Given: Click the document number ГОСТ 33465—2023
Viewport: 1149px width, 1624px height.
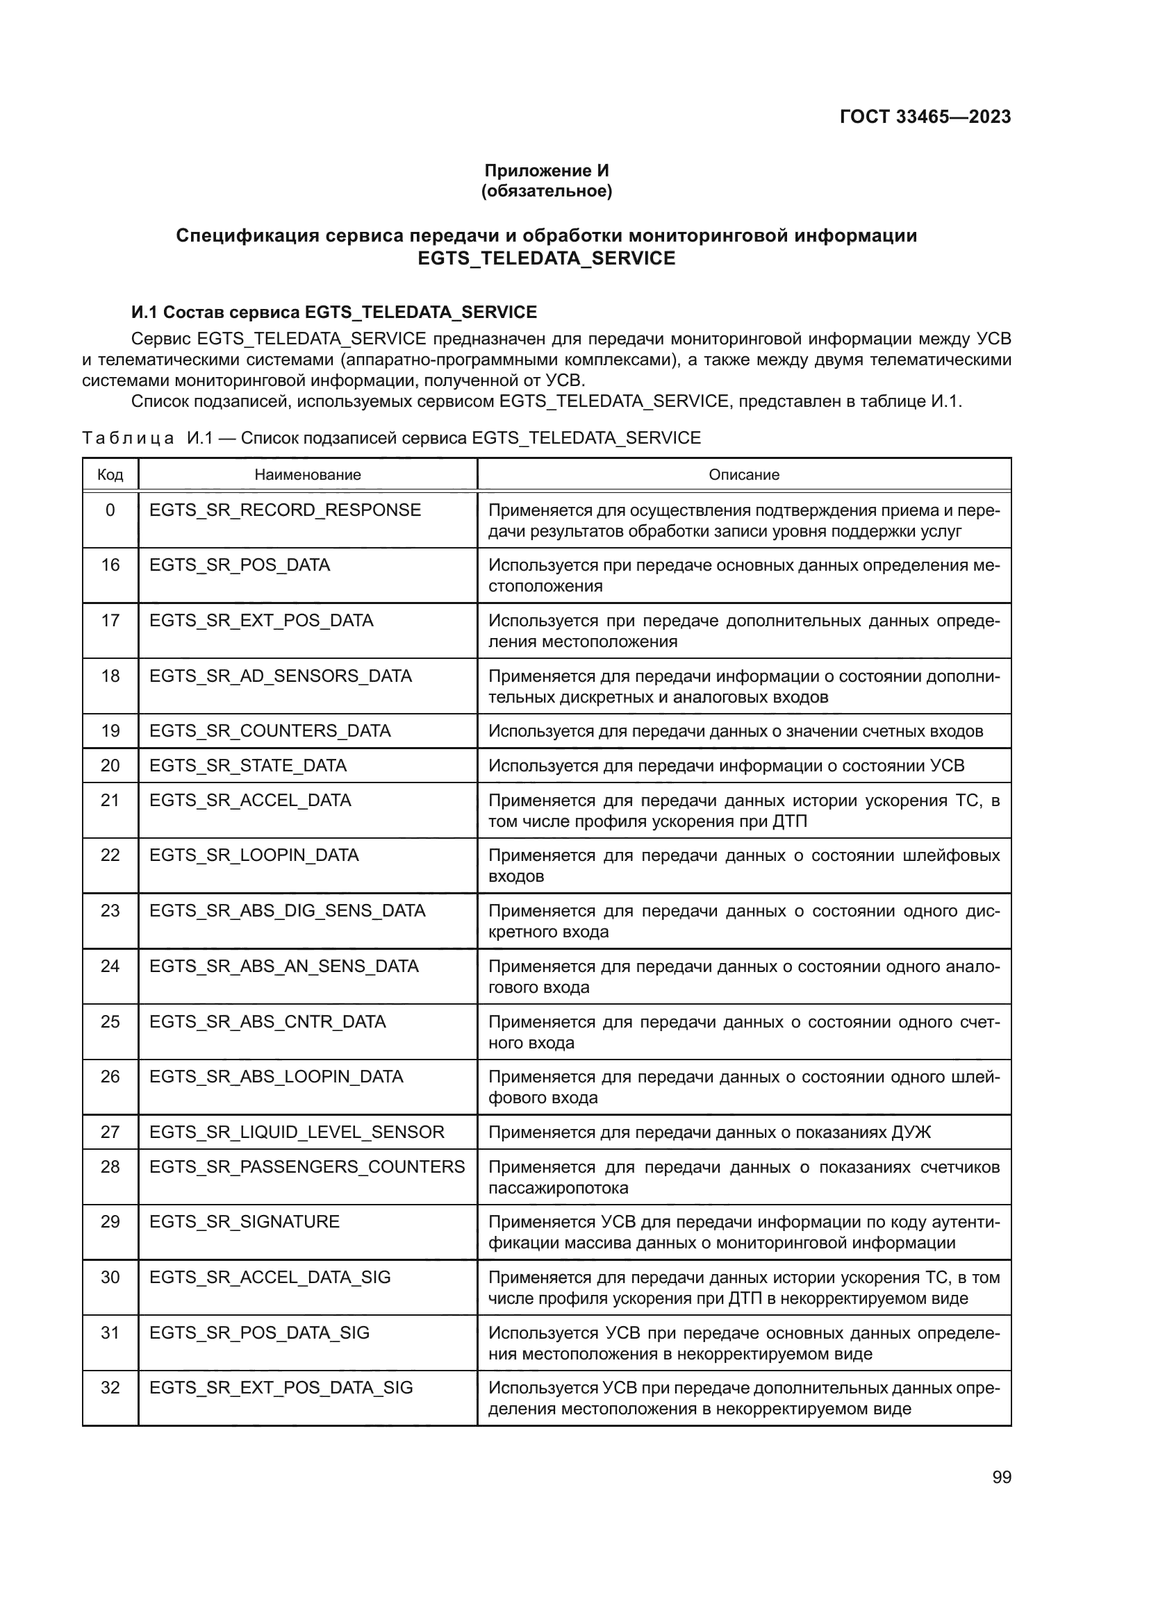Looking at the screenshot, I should click(925, 117).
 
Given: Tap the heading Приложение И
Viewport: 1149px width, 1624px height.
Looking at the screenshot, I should click(546, 171).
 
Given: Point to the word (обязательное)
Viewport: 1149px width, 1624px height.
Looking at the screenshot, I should click(546, 191).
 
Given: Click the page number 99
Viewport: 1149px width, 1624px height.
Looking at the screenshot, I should click(1001, 1477).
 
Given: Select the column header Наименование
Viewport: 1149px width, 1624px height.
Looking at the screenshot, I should click(307, 475).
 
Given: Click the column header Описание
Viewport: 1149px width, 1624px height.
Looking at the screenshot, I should click(743, 475).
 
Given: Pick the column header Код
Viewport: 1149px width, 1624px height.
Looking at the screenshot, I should click(110, 475).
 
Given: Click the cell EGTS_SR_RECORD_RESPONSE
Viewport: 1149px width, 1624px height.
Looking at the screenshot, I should click(284, 510).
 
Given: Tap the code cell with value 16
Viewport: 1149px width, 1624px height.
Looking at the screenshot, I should click(110, 565).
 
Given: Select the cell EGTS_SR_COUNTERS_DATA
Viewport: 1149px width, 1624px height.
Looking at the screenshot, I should click(270, 730).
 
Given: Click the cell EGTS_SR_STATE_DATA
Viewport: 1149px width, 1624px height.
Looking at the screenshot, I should click(247, 765).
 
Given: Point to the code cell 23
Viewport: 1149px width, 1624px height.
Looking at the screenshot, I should click(110, 910).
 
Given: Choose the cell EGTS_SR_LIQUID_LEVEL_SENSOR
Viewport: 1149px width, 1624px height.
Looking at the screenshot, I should click(297, 1132).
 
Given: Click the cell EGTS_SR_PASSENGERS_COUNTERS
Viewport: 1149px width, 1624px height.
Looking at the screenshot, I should click(307, 1166).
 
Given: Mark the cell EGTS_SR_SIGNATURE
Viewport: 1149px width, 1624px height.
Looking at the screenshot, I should click(244, 1221).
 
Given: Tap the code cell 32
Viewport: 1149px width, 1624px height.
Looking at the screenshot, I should click(110, 1387).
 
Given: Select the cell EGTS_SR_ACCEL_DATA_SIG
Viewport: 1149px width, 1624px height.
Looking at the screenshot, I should click(270, 1277).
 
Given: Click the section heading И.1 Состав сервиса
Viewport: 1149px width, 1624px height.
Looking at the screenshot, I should click(334, 312).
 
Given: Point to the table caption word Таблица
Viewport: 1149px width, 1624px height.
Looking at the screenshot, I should click(127, 438).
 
